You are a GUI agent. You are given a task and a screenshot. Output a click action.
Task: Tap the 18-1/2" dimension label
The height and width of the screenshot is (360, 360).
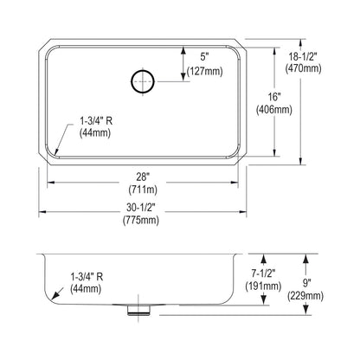(x=303, y=57)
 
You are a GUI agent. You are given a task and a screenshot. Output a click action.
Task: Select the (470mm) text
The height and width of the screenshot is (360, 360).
(x=303, y=68)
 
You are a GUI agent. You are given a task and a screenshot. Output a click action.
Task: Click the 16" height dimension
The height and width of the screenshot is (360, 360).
(x=273, y=98)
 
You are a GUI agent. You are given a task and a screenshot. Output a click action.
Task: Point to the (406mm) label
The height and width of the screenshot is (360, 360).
(x=274, y=110)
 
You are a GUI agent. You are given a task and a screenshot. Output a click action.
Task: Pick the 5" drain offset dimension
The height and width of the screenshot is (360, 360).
(x=204, y=57)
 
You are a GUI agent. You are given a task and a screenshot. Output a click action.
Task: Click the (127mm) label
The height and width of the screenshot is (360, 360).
(x=205, y=71)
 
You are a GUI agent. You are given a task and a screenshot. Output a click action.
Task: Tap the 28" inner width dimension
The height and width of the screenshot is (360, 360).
(x=143, y=177)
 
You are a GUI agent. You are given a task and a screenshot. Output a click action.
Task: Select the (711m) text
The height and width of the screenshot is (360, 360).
(x=143, y=190)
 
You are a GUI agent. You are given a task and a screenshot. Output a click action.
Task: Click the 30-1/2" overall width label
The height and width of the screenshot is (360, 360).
(x=141, y=207)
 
